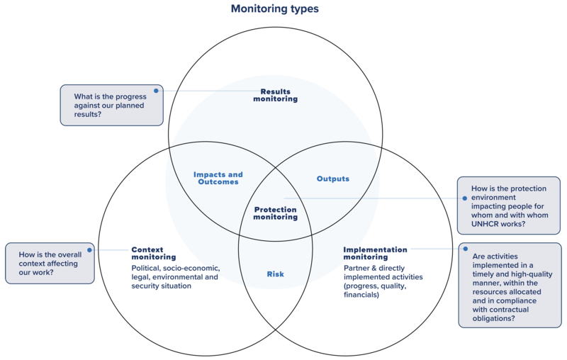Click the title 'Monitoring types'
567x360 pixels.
point(274,9)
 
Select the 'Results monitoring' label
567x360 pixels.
point(275,95)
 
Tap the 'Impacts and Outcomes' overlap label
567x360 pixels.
point(218,178)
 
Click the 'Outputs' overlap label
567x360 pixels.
point(332,179)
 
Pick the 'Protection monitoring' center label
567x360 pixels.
point(275,213)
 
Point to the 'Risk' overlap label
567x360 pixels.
point(275,274)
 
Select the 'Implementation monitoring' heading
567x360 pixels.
point(375,253)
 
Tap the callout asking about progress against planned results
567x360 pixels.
point(112,105)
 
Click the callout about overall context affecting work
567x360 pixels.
point(50,263)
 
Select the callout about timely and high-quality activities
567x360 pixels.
point(510,285)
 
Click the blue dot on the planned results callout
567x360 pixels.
point(157,90)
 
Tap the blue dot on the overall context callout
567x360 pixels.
point(89,249)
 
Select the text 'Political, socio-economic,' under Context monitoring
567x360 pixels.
point(176,268)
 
